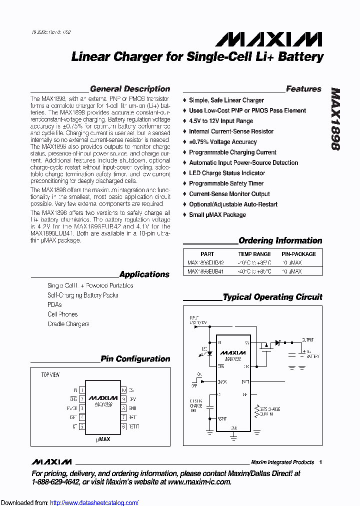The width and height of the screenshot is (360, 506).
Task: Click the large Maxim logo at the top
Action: tap(265, 39)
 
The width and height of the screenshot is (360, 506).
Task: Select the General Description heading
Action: tap(129, 89)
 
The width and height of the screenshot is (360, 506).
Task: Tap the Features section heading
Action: tap(303, 89)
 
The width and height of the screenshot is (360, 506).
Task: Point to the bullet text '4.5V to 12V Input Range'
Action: tap(221, 121)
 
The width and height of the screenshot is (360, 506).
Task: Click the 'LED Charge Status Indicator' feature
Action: tap(227, 173)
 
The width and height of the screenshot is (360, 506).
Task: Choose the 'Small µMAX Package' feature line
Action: tap(217, 215)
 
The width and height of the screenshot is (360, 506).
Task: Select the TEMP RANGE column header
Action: tap(254, 254)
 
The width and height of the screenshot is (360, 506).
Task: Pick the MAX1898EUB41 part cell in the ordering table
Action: tap(205, 271)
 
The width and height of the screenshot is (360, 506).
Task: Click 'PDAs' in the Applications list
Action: tap(54, 304)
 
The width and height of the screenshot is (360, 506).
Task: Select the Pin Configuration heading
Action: tap(135, 359)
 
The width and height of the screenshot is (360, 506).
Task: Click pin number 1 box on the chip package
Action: tap(81, 390)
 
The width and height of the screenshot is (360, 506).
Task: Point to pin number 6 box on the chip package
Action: tap(123, 427)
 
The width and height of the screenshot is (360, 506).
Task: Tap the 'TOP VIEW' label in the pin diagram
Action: tap(50, 374)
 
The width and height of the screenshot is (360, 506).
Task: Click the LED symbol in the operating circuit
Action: tap(209, 353)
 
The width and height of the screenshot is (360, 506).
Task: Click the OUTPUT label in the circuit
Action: tap(307, 339)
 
